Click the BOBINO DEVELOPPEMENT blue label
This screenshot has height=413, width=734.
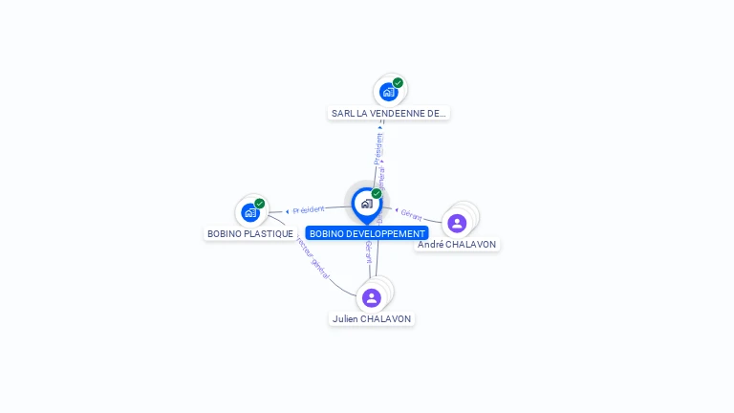pos(367,233)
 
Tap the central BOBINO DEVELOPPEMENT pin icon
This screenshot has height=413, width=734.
pos(366,204)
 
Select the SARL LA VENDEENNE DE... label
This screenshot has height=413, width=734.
pos(388,113)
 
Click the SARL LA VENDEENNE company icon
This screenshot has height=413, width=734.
pos(388,92)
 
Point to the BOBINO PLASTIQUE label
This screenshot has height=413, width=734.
pos(250,233)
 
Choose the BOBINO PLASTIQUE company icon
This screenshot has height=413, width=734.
pos(250,212)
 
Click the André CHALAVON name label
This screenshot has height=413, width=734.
pos(457,244)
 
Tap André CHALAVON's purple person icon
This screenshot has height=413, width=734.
pos(457,223)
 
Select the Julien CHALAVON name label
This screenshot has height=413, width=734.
pos(372,318)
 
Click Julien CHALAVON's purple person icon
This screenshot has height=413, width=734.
pos(372,297)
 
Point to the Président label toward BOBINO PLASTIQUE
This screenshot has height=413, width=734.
pos(308,209)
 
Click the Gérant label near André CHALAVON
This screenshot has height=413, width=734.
pos(412,215)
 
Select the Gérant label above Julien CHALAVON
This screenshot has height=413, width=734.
pos(368,250)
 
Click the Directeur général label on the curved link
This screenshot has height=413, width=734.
pos(313,257)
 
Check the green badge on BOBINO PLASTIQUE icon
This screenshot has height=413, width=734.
pos(259,204)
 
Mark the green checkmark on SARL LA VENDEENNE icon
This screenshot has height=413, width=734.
pos(398,83)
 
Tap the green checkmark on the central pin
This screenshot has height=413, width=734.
pos(377,194)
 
